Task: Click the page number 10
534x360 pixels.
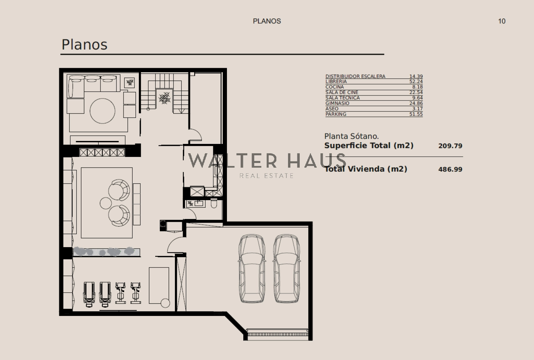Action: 502,21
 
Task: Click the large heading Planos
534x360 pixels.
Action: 84,44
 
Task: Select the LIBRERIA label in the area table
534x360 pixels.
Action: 336,81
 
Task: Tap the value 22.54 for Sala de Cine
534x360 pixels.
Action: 416,92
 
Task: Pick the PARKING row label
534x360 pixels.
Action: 336,114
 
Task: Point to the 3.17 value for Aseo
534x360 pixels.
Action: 418,109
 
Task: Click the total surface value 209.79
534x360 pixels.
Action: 450,146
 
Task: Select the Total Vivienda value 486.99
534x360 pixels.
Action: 450,169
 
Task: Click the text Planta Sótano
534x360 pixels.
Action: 351,136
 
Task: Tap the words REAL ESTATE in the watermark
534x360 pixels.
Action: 266,176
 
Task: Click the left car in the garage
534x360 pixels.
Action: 252,268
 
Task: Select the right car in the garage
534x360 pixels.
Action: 287,268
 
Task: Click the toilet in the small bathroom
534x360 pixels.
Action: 214,203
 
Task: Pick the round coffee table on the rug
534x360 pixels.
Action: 102,111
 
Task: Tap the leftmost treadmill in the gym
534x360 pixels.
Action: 89,295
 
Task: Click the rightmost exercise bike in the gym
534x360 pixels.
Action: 136,293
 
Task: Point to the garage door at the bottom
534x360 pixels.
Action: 278,333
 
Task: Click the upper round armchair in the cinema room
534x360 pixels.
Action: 119,190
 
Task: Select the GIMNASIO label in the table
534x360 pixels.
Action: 337,103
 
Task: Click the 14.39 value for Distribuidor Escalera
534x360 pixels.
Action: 416,76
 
